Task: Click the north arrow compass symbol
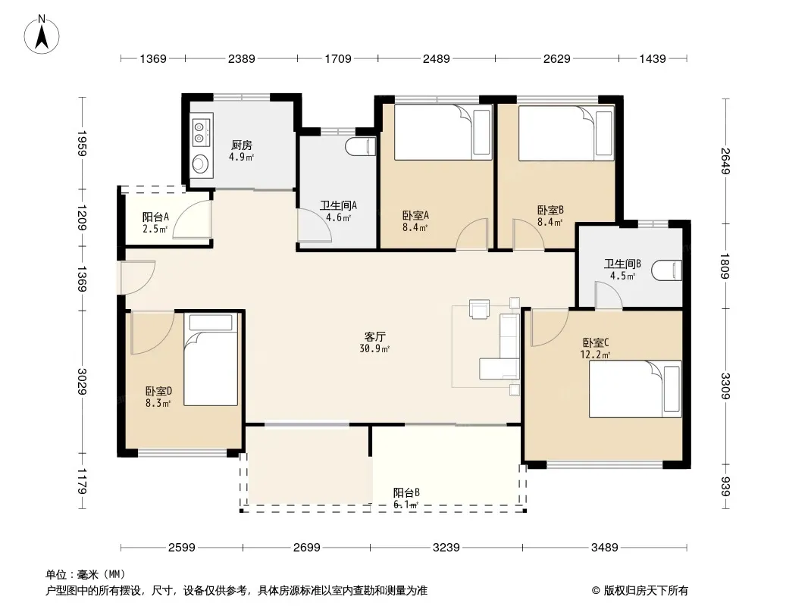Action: click(42, 35)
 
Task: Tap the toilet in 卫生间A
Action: click(362, 147)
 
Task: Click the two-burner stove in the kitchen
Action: click(200, 131)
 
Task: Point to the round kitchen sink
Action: click(199, 164)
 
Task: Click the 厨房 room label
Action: click(242, 145)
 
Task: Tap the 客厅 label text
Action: click(374, 337)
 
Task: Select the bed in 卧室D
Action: click(211, 359)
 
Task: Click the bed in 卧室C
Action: click(635, 389)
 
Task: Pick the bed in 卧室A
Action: click(443, 133)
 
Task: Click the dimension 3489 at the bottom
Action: click(604, 547)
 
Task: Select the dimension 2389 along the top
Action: click(241, 58)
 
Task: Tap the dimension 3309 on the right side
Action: click(725, 386)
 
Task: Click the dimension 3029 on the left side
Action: click(82, 382)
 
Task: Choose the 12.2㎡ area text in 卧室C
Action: click(595, 355)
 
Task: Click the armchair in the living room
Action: click(479, 309)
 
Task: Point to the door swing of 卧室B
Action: click(528, 235)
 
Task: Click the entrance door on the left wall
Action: click(137, 277)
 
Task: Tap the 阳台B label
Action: click(406, 492)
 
